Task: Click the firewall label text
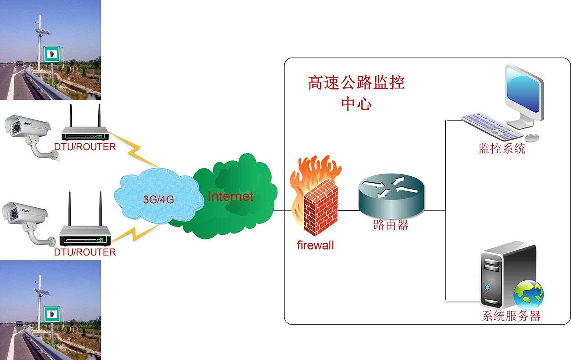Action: pos(315,245)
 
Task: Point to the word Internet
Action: pos(230,196)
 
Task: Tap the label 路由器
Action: pos(391,225)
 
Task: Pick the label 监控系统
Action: pos(502,148)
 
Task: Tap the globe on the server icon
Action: pos(529,294)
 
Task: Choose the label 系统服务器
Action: pos(511,316)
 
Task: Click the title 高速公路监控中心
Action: pos(356,92)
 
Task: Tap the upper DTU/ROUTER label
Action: pos(85,147)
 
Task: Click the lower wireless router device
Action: pos(85,233)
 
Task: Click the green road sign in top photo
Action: pos(52,54)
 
